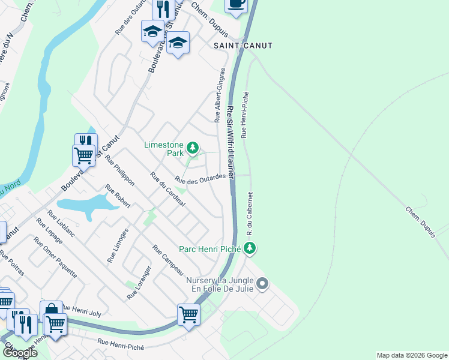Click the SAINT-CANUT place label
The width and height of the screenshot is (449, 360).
click(243, 46)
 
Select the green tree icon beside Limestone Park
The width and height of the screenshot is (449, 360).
click(192, 147)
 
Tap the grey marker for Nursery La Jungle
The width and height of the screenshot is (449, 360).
click(262, 283)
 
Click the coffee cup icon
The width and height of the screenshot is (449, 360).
click(236, 4)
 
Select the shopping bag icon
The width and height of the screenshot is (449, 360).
click(52, 310)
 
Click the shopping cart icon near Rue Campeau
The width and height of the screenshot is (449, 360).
click(188, 313)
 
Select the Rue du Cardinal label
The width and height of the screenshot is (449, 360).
click(167, 190)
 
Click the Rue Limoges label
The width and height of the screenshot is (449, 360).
click(117, 245)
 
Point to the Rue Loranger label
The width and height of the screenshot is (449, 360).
click(138, 283)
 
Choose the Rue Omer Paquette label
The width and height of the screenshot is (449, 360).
click(55, 257)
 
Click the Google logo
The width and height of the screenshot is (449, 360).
click(19, 353)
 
